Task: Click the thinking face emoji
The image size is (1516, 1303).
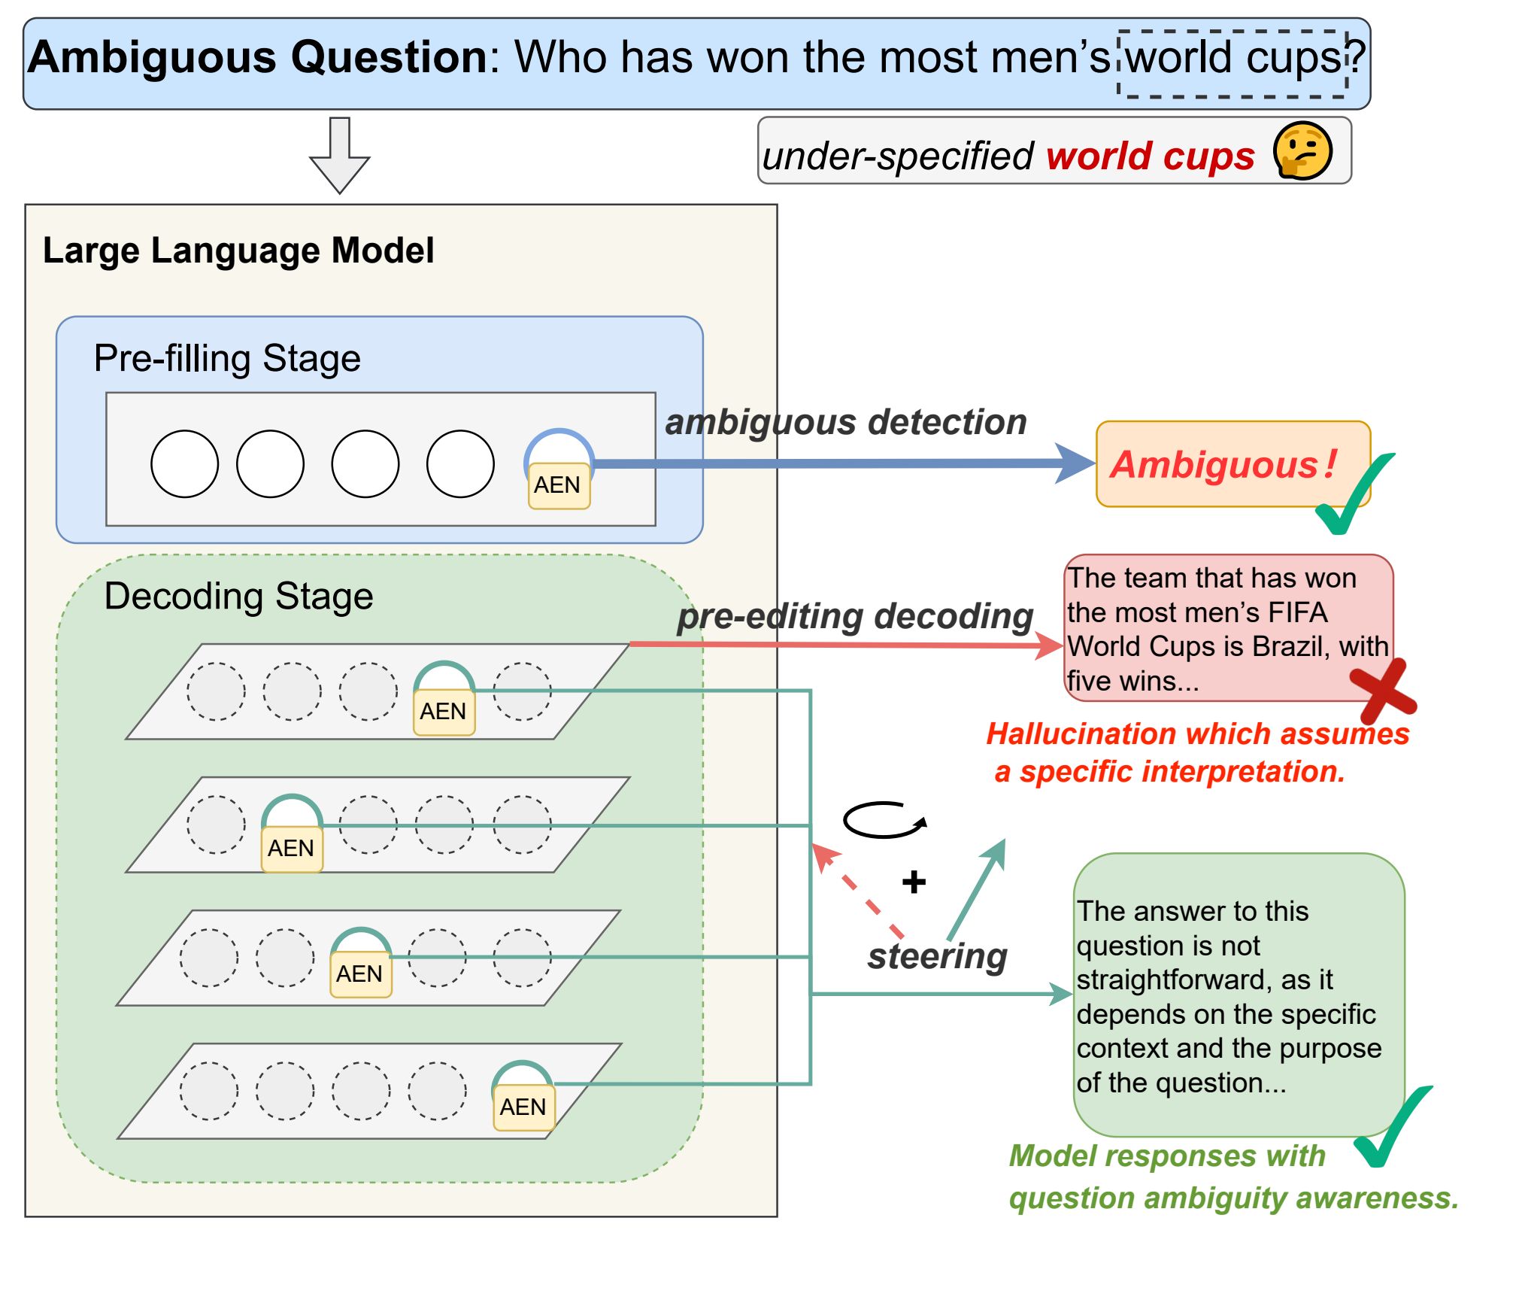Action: (1302, 150)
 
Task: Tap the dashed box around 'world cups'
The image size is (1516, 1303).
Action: (1232, 32)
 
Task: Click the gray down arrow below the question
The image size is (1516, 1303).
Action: (340, 155)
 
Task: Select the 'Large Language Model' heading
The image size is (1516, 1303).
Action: (238, 251)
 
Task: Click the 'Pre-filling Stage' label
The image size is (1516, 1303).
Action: (227, 358)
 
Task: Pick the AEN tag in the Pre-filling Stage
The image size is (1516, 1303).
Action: (559, 485)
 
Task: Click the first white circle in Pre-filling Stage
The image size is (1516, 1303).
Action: (184, 463)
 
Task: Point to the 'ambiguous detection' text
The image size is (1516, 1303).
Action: (846, 422)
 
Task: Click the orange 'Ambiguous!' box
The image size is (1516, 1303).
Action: (1233, 464)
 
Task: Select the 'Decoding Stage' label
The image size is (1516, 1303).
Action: (238, 597)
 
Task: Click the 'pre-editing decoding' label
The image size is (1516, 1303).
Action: (856, 616)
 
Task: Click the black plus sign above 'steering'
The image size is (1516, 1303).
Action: (914, 882)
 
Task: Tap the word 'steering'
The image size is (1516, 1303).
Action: (937, 957)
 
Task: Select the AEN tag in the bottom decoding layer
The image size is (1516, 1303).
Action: (523, 1107)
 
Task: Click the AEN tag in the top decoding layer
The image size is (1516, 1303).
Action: (444, 712)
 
